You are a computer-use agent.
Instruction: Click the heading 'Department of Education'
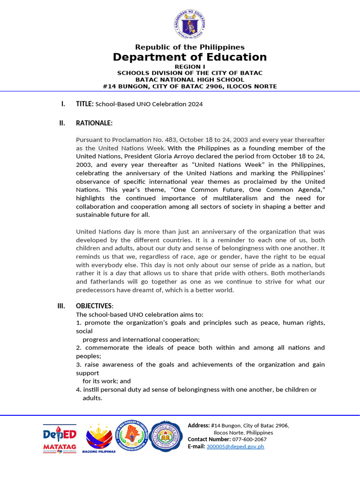(189, 57)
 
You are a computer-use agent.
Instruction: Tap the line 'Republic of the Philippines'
(189, 47)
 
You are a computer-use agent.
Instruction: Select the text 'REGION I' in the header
(189, 67)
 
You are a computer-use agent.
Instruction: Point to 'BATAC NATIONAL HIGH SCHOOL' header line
(189, 80)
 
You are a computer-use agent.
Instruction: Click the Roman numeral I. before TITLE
(63, 104)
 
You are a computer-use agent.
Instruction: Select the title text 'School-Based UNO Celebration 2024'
(149, 104)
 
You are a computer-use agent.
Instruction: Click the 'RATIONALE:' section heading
(94, 123)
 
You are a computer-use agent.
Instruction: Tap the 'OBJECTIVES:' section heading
(94, 306)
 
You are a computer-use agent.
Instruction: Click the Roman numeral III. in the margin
(61, 306)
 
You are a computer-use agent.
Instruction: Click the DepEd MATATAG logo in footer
(60, 439)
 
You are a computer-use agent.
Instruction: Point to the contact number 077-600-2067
(249, 439)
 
